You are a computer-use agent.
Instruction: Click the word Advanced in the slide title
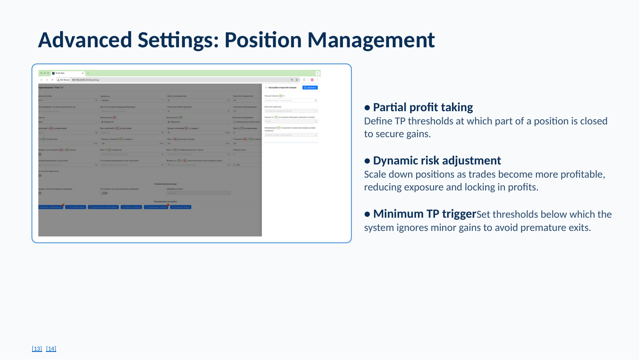(x=85, y=40)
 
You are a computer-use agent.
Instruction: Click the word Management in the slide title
(x=371, y=40)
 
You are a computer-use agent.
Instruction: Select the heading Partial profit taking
(x=423, y=107)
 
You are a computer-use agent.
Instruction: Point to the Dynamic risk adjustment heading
(x=437, y=161)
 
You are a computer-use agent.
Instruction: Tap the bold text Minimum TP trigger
(x=424, y=214)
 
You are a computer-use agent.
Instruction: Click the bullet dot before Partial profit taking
(x=367, y=108)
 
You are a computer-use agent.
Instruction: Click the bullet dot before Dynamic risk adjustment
(x=367, y=161)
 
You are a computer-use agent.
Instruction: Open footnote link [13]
(x=37, y=348)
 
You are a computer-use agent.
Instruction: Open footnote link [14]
(x=51, y=348)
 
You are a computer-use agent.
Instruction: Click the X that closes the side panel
(x=266, y=87)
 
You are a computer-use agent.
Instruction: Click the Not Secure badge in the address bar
(x=64, y=80)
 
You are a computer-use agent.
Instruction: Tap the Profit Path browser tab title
(x=60, y=73)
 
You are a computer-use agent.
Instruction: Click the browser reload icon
(x=52, y=80)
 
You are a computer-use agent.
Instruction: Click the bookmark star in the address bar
(x=297, y=80)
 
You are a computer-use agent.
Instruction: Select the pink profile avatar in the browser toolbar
(x=312, y=80)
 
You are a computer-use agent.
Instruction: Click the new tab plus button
(x=88, y=73)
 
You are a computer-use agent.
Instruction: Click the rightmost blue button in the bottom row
(x=181, y=207)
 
